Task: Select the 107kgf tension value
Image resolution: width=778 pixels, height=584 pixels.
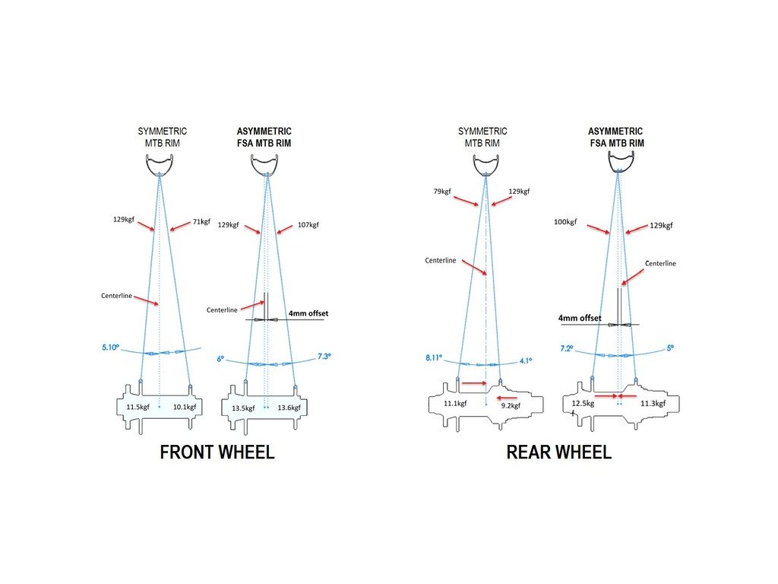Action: [308, 225]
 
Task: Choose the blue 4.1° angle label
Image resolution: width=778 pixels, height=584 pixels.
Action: [526, 360]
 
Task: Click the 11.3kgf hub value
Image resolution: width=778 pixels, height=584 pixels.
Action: [652, 404]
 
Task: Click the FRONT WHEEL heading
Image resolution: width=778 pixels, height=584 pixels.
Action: [217, 453]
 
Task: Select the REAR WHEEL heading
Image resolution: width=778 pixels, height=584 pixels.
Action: [558, 453]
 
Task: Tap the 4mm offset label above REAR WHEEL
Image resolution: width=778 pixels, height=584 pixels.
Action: [580, 318]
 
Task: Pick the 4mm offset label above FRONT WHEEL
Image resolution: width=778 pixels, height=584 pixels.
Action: [308, 313]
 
